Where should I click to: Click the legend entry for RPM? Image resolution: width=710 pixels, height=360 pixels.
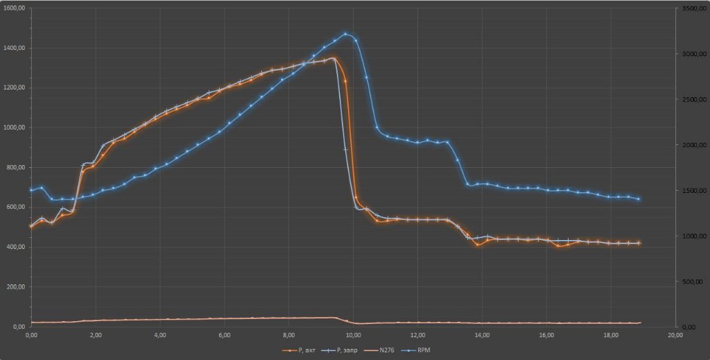[x=425, y=350]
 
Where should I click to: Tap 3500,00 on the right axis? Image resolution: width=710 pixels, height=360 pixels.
[x=693, y=8]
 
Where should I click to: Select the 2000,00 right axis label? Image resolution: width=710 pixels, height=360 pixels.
[x=693, y=144]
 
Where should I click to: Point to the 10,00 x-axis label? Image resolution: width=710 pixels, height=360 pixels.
[x=353, y=335]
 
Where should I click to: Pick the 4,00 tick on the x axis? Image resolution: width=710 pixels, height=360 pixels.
[x=160, y=335]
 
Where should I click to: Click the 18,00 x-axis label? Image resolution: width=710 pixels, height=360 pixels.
[x=611, y=335]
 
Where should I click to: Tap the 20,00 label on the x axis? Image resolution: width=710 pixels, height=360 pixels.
[x=675, y=335]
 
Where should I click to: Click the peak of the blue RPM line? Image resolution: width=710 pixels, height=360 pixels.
[x=345, y=33]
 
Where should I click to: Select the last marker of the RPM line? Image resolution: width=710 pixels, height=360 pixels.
[x=639, y=199]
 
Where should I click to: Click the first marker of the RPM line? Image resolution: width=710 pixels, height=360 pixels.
[x=31, y=190]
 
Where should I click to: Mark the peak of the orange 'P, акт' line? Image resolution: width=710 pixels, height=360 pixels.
[x=334, y=58]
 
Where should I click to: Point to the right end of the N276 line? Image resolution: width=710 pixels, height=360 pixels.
[x=640, y=323]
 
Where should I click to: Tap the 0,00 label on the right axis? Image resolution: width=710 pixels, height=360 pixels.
[x=687, y=327]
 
